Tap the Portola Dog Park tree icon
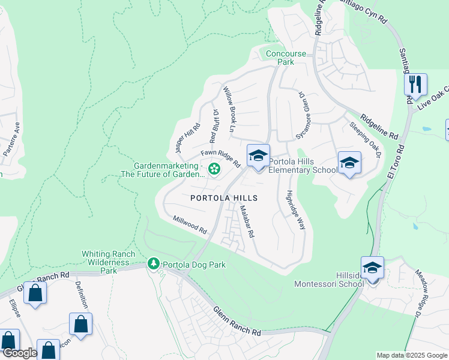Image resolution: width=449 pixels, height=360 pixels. coord(154,264)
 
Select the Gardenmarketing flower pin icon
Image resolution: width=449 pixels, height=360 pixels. coord(213,170)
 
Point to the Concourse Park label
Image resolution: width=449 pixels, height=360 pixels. coord(286,58)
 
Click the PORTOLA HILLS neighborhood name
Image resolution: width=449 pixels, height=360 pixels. coord(224,198)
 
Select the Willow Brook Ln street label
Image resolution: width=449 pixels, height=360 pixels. coord(231,109)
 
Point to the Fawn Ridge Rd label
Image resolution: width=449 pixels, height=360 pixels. coord(220,158)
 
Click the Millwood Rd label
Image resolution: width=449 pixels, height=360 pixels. coord(190,226)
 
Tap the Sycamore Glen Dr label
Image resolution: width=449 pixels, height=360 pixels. coord(303,116)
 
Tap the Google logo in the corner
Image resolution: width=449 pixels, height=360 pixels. coord(19,353)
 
